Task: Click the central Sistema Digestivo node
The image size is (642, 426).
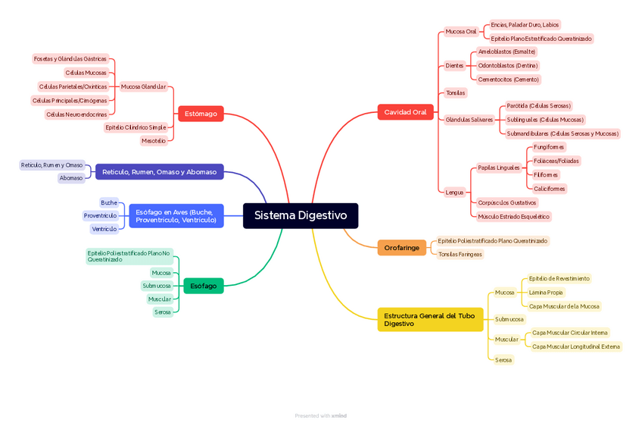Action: (301, 215)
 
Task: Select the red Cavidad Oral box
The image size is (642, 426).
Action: (405, 112)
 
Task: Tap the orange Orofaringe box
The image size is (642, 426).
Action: (401, 248)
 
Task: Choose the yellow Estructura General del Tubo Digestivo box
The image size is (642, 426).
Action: (430, 320)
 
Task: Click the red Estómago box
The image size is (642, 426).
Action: (201, 114)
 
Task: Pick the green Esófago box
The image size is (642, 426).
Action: (203, 286)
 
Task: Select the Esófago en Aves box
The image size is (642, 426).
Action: (176, 216)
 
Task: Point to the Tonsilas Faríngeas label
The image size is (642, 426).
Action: (460, 255)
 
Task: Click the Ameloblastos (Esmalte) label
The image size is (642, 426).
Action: (506, 52)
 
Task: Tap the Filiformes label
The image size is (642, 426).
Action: (546, 175)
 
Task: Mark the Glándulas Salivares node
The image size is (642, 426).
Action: (469, 120)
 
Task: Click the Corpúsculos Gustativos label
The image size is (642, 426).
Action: (506, 202)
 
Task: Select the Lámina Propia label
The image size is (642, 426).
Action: (545, 293)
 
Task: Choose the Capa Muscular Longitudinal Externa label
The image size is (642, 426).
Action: (575, 346)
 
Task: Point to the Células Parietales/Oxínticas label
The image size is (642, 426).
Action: (73, 86)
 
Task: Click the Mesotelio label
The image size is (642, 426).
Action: (154, 141)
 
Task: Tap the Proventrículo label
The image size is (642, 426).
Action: (100, 216)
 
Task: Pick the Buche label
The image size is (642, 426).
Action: (109, 202)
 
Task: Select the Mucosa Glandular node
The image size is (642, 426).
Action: (143, 86)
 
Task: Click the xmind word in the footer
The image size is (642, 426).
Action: (338, 415)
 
